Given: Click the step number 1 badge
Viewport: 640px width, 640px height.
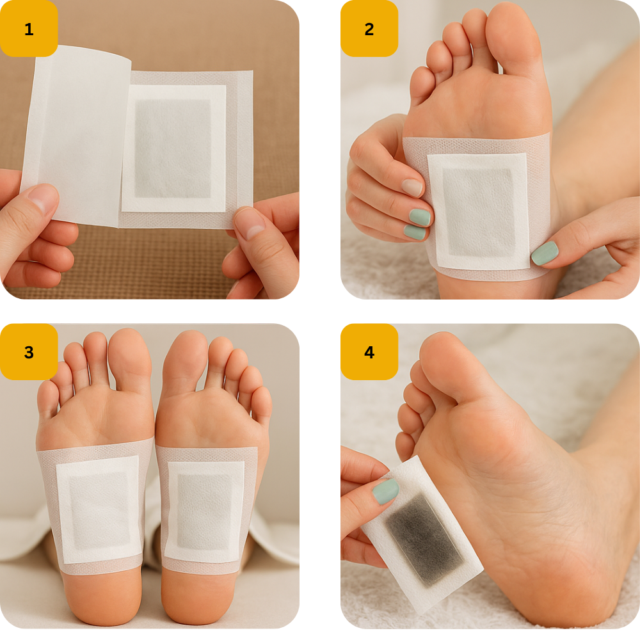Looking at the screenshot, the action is click(x=29, y=29).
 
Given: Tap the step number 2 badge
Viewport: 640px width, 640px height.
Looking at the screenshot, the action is click(x=369, y=29).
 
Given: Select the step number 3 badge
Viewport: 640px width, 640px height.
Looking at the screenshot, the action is click(x=29, y=352).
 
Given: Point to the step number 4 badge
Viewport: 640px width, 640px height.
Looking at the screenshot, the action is click(x=369, y=352).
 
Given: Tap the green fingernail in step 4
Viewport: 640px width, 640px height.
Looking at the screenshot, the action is click(x=385, y=492).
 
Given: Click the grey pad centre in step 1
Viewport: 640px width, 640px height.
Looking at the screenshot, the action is click(x=173, y=148).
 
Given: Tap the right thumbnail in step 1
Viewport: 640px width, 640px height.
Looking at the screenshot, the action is click(x=250, y=223).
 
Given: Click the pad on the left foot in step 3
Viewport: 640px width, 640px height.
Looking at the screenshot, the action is click(x=99, y=509).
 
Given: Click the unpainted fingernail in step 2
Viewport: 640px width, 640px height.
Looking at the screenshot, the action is click(x=412, y=188).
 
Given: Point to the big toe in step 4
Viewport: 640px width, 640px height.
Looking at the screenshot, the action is click(x=445, y=364).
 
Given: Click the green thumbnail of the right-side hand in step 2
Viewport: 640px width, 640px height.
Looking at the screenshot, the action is click(x=545, y=253).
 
